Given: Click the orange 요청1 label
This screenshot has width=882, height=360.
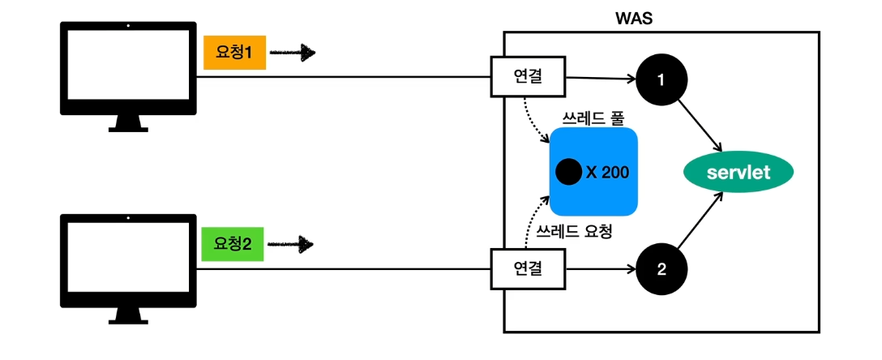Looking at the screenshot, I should point(234,54).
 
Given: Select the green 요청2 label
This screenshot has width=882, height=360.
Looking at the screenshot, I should point(232,243).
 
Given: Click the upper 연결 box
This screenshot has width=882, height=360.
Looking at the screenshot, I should point(528,78).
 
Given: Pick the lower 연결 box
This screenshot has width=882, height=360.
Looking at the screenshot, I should point(528,268).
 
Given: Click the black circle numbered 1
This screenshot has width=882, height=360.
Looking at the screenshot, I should point(661,81).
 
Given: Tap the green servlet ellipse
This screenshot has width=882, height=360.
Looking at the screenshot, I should point(737,172).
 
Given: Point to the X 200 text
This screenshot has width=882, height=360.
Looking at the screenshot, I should point(607,172).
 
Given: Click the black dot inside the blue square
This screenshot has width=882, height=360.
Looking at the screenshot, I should point(568,172).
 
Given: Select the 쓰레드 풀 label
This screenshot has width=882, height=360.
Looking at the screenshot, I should point(591,118).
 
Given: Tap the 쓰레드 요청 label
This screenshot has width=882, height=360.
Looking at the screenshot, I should point(574,230).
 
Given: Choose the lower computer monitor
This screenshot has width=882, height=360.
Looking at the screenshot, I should point(128,259).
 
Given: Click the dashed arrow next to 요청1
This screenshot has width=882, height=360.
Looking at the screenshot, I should point(292,54).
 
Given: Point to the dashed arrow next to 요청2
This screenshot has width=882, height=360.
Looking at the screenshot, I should point(290,243).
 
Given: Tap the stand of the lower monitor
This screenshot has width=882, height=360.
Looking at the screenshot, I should point(128,313).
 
